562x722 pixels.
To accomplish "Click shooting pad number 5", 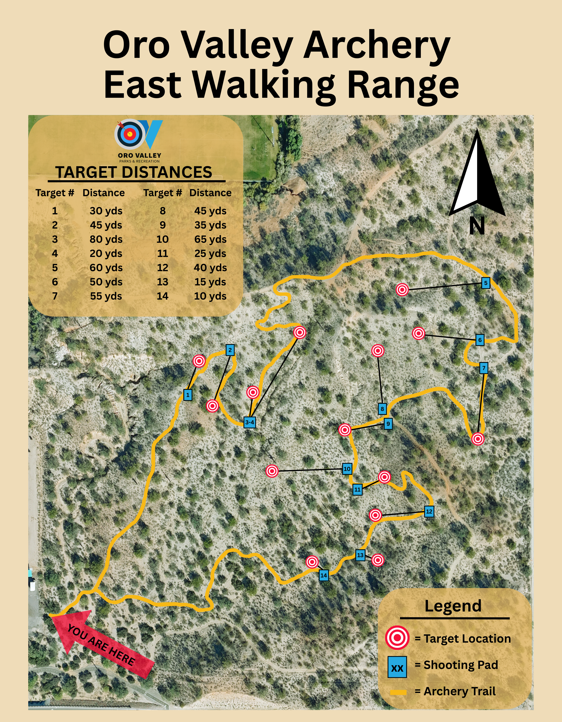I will point(485,283).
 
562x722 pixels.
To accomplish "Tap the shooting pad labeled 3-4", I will point(249,422).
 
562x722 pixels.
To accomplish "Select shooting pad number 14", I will point(323,575).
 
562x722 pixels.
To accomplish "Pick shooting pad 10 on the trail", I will point(347,469).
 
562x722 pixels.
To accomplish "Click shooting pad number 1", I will point(188,395).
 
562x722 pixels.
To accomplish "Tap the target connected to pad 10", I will point(272,471).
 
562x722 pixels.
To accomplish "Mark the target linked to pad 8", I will point(377,350).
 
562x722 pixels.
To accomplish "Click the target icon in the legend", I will point(397,638).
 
